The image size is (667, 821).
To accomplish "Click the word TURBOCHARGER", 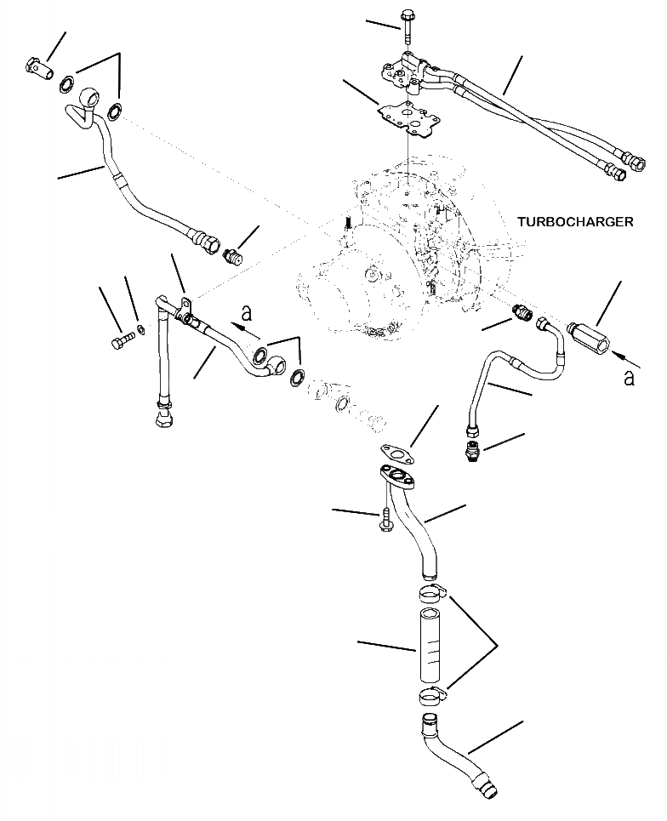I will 574,222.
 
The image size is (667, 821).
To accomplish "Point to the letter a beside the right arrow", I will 629,377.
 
